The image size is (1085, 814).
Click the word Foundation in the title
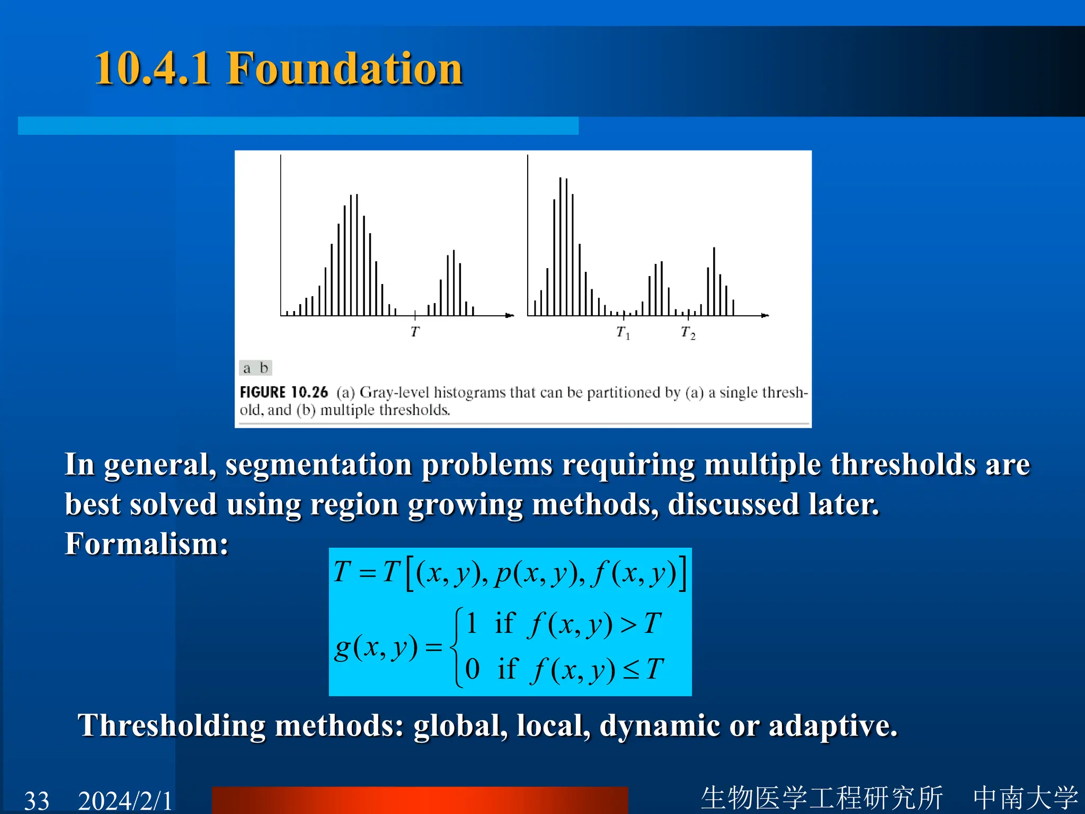tap(344, 69)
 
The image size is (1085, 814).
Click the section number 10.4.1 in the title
tap(152, 69)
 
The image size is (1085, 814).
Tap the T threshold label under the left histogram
tap(415, 332)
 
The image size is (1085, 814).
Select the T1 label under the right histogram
tap(623, 333)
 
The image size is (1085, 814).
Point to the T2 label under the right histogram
tap(688, 333)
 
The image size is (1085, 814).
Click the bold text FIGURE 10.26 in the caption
tap(284, 392)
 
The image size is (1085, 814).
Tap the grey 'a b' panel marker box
tap(255, 368)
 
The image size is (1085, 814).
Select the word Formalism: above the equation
tap(147, 544)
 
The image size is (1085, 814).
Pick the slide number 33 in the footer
tap(37, 800)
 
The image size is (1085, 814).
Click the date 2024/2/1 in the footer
tap(125, 800)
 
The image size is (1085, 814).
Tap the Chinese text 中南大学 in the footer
tap(1025, 798)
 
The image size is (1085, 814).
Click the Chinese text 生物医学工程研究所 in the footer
tap(822, 798)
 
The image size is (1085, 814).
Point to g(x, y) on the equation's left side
tap(376, 648)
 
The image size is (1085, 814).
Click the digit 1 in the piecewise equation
tap(472, 623)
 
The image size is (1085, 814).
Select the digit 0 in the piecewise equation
tap(472, 669)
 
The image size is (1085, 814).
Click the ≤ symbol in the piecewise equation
tap(631, 670)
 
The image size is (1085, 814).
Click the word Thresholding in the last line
tap(171, 725)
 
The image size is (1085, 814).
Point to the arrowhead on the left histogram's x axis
tap(510, 316)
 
